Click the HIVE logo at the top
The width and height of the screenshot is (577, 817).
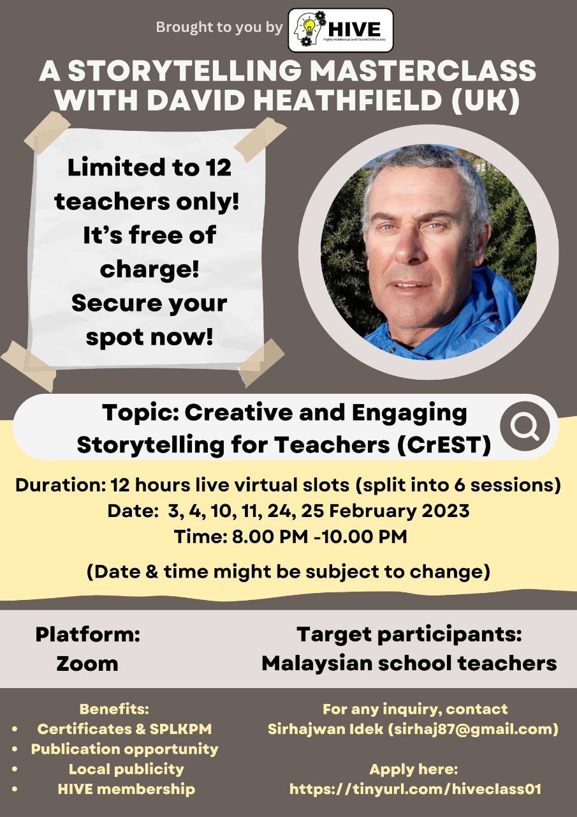coord(340,29)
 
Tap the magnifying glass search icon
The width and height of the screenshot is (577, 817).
coord(525,427)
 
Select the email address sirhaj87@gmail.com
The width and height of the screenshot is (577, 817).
coord(474,728)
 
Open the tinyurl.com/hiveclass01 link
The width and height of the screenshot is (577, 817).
coord(415,789)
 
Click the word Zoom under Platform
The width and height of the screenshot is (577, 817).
coord(87,663)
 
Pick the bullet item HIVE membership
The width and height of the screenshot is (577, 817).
coord(126,789)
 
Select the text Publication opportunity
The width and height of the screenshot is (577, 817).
coord(125,749)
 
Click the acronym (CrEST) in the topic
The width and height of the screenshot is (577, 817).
coord(446,445)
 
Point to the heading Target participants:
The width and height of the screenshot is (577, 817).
coord(409,634)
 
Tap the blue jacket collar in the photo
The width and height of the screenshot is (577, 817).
coord(472,306)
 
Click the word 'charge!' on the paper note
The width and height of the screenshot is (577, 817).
coord(150,268)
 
